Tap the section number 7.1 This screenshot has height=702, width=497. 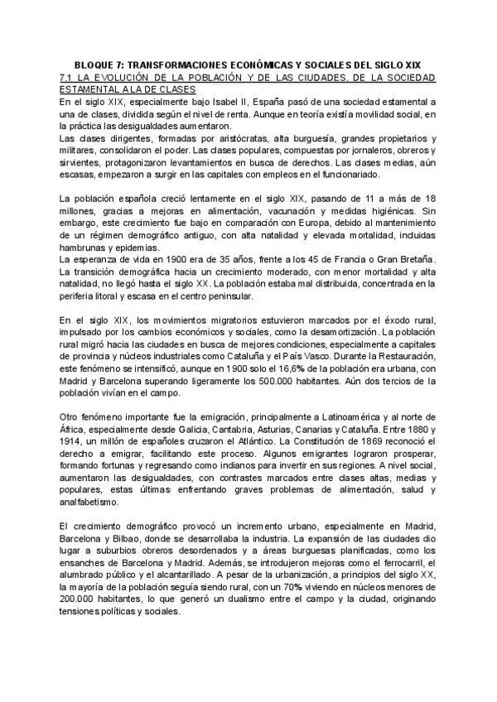[x=70, y=76]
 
